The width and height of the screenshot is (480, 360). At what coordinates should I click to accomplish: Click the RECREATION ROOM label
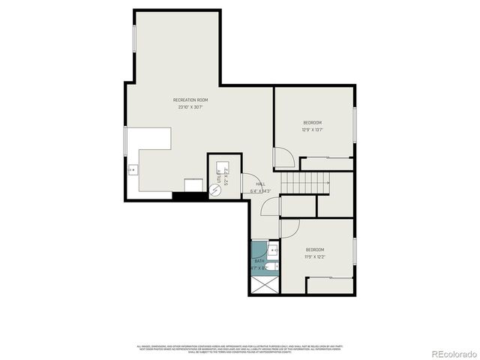pos(190,100)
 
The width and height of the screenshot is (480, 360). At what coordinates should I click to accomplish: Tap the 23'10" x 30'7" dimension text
pos(190,107)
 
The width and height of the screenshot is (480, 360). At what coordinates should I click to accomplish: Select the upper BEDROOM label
pos(312,122)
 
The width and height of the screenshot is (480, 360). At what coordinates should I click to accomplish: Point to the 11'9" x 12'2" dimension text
pos(314,257)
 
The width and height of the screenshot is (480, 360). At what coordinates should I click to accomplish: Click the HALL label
pos(260,184)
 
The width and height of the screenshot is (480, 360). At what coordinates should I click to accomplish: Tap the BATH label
pos(259,261)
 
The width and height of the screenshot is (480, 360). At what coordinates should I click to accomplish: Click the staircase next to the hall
pos(306,181)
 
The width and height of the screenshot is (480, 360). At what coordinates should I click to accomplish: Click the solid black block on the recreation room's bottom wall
pos(187,196)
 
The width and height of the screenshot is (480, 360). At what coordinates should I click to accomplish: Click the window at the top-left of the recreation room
pos(134,37)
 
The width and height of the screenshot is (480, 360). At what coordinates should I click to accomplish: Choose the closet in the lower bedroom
pos(330,283)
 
